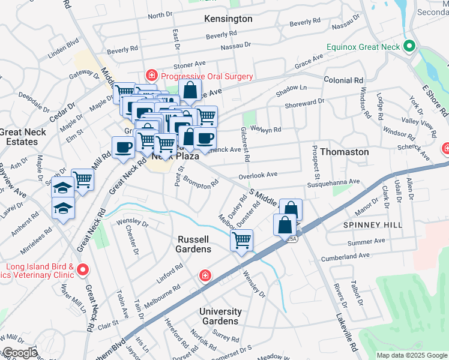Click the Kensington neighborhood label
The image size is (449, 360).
[x=228, y=19]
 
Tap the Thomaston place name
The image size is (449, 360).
[x=344, y=152]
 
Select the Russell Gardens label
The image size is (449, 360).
[x=194, y=244]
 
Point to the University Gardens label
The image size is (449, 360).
[x=220, y=316]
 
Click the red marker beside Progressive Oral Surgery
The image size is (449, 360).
[x=151, y=76]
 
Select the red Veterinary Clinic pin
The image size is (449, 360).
[x=82, y=271]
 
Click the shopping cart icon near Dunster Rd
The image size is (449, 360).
[x=241, y=241]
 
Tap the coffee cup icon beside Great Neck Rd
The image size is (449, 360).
[x=124, y=147]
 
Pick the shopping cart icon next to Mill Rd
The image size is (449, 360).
[x=83, y=179]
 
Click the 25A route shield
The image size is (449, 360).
[x=292, y=238]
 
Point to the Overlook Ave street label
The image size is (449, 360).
[x=258, y=175]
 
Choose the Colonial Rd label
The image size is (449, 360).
[x=343, y=80]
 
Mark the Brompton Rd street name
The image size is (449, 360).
[x=200, y=182]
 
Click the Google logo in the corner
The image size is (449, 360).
[x=19, y=353]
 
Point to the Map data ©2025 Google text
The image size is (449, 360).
[x=411, y=355]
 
